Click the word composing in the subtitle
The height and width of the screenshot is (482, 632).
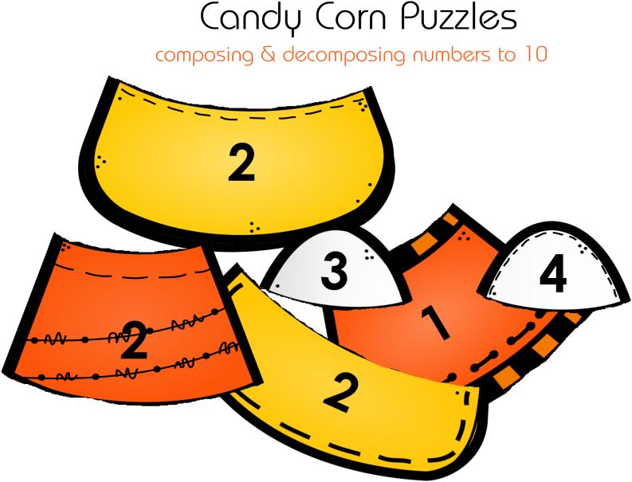204,55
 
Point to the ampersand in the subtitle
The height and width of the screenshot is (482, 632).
268,54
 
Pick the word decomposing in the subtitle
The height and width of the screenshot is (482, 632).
343,55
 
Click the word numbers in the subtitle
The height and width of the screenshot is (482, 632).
452,54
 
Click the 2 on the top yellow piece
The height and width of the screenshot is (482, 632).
241,163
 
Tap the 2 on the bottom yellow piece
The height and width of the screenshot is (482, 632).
340,393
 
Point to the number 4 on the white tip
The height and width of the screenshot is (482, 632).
553,276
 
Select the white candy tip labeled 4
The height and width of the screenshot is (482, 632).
553,268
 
